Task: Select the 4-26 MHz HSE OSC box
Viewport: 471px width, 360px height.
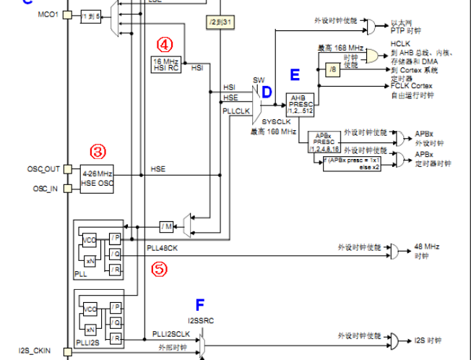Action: pyautogui.click(x=98, y=179)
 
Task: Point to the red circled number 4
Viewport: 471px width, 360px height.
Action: pyautogui.click(x=166, y=42)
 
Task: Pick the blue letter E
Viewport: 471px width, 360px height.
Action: pyautogui.click(x=294, y=74)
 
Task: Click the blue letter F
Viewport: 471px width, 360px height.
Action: pyautogui.click(x=200, y=304)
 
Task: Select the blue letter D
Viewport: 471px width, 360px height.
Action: pyautogui.click(x=267, y=92)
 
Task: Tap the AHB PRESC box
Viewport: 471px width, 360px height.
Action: pyautogui.click(x=298, y=104)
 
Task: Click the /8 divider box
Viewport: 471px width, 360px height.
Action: pyautogui.click(x=332, y=70)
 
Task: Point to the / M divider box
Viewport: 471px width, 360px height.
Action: pyautogui.click(x=167, y=226)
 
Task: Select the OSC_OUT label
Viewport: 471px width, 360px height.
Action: pyautogui.click(x=43, y=169)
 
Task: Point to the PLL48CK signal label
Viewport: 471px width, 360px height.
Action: pyautogui.click(x=162, y=248)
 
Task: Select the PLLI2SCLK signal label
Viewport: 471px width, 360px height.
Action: pyautogui.click(x=171, y=333)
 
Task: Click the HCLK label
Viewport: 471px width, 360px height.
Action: pyautogui.click(x=400, y=43)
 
